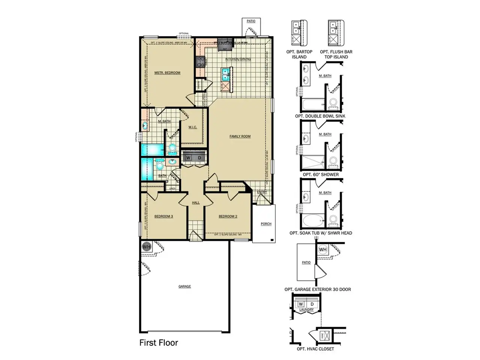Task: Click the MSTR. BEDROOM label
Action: click(167, 73)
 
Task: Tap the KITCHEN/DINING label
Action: click(238, 59)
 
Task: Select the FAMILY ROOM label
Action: click(240, 136)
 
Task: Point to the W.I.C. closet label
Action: click(192, 127)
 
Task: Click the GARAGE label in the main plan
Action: click(184, 286)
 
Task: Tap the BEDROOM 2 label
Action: click(228, 216)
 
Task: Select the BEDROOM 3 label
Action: click(163, 216)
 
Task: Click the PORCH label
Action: click(266, 224)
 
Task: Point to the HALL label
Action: click(196, 203)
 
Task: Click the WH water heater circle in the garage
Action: click(146, 247)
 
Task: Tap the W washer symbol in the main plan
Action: click(188, 158)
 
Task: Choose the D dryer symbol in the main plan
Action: click(199, 158)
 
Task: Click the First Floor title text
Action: click(159, 343)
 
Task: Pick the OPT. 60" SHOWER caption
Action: click(321, 174)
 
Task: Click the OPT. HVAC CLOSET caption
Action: click(315, 349)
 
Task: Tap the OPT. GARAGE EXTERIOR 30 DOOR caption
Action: click(318, 289)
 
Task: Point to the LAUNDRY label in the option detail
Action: click(306, 310)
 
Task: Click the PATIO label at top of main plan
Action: click(251, 21)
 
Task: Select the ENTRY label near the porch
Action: click(262, 192)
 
